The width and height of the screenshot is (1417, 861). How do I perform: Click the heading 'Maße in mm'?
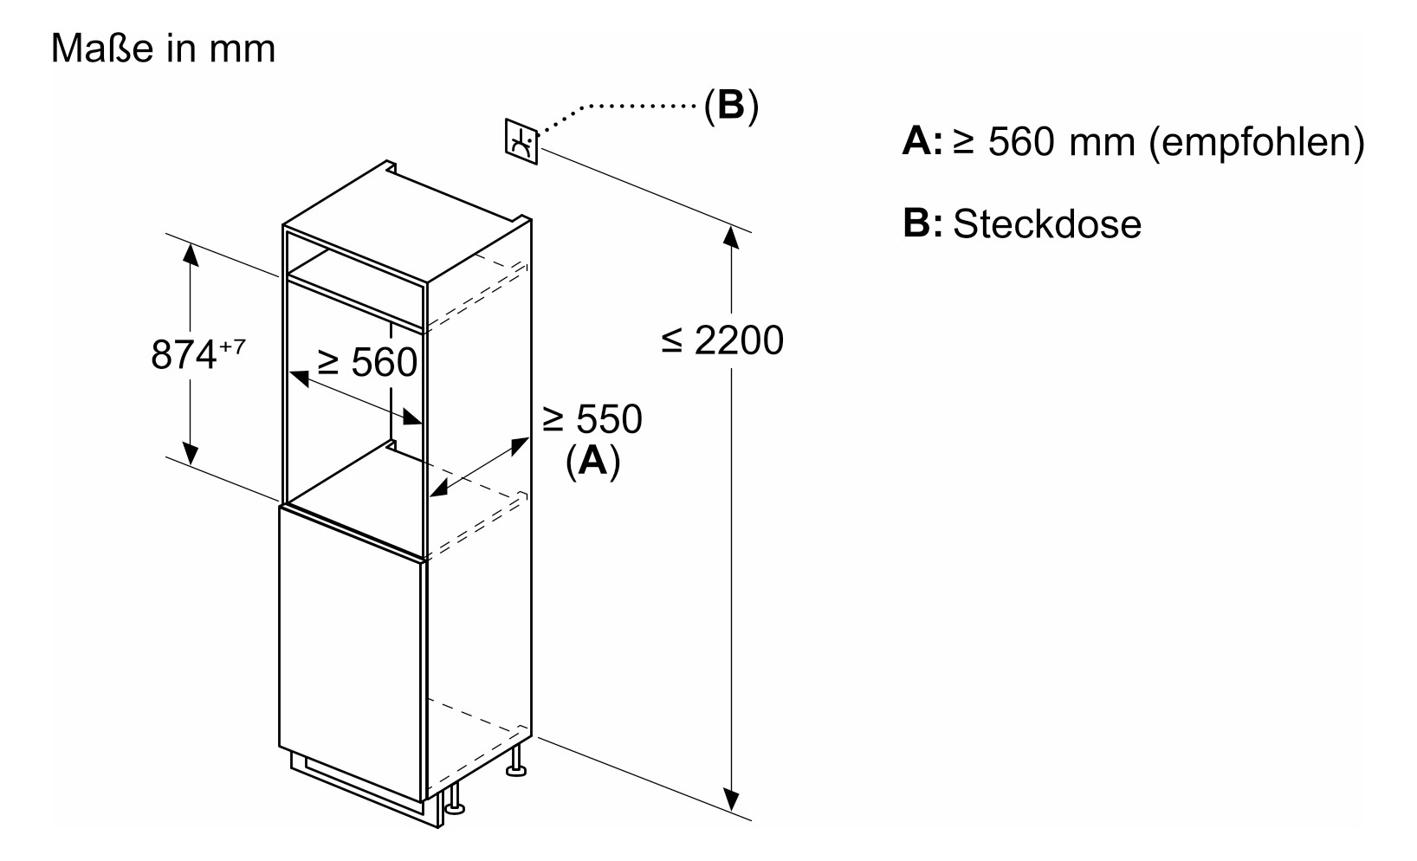click(163, 49)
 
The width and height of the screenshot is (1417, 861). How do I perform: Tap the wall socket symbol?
click(521, 140)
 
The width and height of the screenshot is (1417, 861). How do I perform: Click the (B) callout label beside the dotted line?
click(730, 105)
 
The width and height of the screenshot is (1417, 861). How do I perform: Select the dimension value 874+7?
click(197, 354)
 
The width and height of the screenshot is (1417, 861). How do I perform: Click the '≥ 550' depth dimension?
click(592, 419)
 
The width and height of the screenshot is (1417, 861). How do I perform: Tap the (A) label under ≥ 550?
click(592, 461)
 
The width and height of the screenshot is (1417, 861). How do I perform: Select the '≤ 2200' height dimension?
click(722, 340)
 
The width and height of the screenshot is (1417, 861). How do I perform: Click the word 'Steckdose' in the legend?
click(1047, 224)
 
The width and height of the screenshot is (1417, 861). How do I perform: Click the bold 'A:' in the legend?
click(922, 141)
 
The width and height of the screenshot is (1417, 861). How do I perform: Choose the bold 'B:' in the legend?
click(922, 223)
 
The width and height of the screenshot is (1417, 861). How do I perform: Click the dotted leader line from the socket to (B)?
click(624, 107)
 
